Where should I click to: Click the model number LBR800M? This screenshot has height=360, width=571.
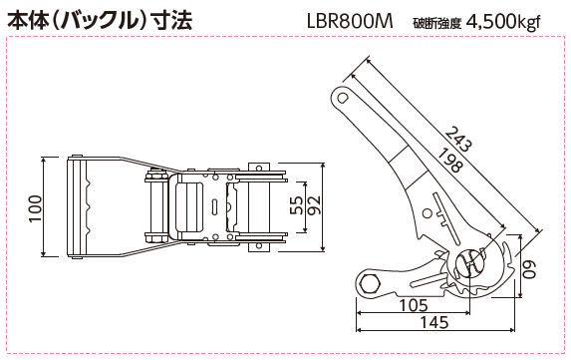pos(350,22)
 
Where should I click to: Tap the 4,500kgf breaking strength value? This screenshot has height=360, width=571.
pos(503,22)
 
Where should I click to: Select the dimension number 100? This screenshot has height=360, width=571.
pos(36,208)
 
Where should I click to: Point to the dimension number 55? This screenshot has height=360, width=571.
pos(298,205)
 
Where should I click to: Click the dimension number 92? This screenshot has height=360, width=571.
pos(313,205)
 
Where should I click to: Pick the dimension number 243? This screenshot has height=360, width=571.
pos(458,139)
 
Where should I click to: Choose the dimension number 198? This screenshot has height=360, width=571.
pos(450,161)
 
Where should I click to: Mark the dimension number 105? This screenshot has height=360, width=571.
pos(414,305)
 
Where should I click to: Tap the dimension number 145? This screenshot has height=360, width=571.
pos(434,322)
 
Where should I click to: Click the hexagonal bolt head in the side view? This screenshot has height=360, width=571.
pos(370,283)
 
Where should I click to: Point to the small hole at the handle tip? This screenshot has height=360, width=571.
pos(343,98)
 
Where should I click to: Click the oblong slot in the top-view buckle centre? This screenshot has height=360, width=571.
pos(214,205)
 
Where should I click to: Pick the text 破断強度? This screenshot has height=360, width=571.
pos(437,23)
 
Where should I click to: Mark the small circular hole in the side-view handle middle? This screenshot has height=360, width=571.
pos(427,213)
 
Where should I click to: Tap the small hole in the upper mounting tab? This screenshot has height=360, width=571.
pos(259,168)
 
